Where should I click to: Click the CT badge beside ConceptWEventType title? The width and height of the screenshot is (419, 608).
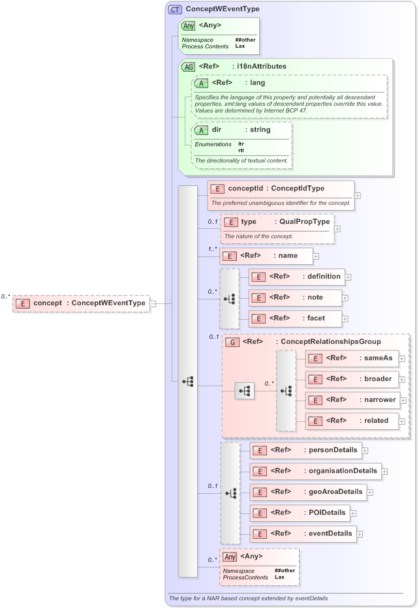pyautogui.click(x=175, y=9)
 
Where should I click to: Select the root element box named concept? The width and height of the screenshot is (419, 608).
pyautogui.click(x=81, y=303)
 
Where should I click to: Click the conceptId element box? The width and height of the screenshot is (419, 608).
pyautogui.click(x=281, y=189)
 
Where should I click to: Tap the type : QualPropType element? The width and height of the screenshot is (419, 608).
pyautogui.click(x=277, y=222)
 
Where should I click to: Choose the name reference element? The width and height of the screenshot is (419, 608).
pyautogui.click(x=266, y=256)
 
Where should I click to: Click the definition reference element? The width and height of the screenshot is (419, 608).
pyautogui.click(x=296, y=277)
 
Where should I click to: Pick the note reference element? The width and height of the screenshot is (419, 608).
pyautogui.click(x=296, y=297)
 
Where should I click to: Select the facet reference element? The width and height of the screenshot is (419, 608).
pyautogui.click(x=296, y=318)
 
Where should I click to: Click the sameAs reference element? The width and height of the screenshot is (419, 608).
pyautogui.click(x=352, y=358)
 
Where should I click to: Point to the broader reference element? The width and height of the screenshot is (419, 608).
pyautogui.click(x=352, y=379)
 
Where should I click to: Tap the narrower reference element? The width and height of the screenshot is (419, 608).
pyautogui.click(x=352, y=400)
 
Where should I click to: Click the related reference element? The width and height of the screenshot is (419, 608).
pyautogui.click(x=352, y=421)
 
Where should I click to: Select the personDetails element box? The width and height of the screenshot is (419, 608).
pyautogui.click(x=305, y=450)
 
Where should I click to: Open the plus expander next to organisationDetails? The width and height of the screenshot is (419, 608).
pyautogui.click(x=385, y=471)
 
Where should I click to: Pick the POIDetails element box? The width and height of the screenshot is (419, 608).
pyautogui.click(x=300, y=513)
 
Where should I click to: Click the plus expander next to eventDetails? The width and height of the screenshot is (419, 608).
pyautogui.click(x=360, y=534)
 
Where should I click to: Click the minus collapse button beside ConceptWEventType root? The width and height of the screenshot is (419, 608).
pyautogui.click(x=153, y=303)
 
